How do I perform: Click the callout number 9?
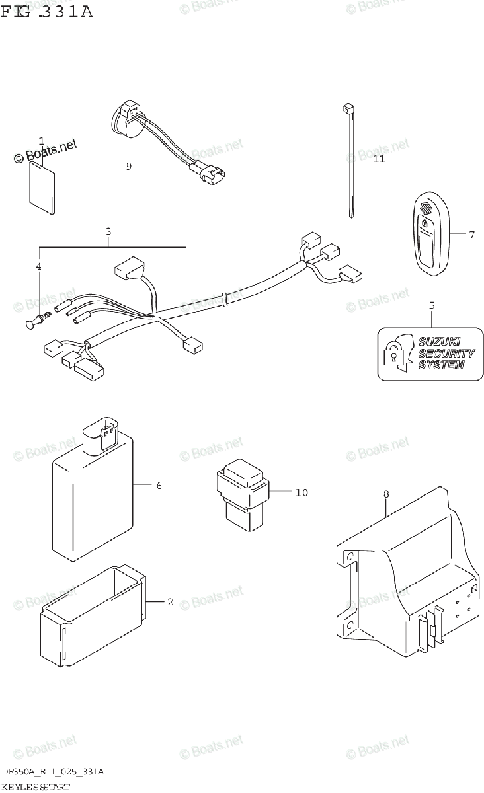tap(129, 167)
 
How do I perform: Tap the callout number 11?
tap(378, 159)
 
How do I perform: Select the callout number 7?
tap(471, 235)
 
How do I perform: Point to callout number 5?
tap(431, 305)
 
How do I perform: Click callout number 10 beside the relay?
tap(302, 492)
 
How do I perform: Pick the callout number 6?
tap(159, 486)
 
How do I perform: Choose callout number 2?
tap(170, 602)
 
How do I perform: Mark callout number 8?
tap(386, 494)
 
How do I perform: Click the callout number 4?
tap(38, 266)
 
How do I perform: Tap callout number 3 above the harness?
tap(108, 231)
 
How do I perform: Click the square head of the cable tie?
tap(346, 106)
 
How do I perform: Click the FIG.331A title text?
tap(46, 11)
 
